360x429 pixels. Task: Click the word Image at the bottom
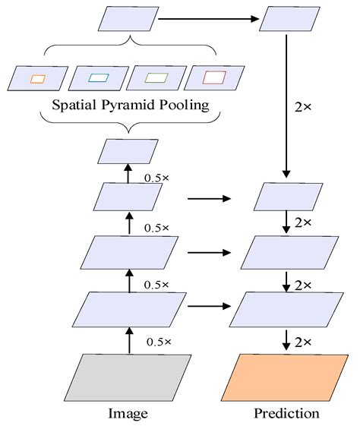(x=128, y=414)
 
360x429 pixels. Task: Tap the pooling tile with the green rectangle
(x=156, y=77)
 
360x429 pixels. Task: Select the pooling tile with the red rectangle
(x=215, y=77)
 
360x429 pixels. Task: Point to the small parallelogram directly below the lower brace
(x=128, y=152)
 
